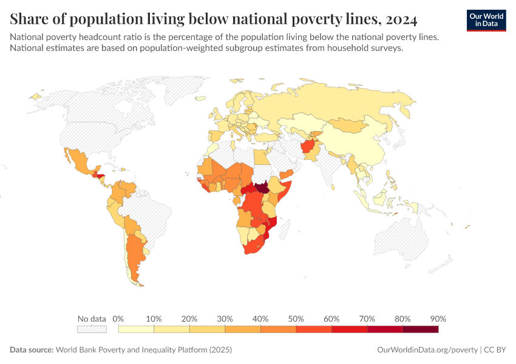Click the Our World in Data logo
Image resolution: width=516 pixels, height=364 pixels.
coord(486,20)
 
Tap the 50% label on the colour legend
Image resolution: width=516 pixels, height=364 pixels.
coord(296,318)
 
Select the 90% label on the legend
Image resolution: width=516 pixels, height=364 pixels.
coord(438,318)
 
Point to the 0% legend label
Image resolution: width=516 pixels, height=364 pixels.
coord(118,318)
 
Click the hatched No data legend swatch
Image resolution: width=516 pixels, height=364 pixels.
coord(92,329)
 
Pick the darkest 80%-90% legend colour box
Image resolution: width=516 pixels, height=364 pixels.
coord(420,329)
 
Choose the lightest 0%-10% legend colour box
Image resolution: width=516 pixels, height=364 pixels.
coord(136,329)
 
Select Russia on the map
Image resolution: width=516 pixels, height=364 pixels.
coord(340,106)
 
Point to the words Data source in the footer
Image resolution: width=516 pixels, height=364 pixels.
coord(32,350)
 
